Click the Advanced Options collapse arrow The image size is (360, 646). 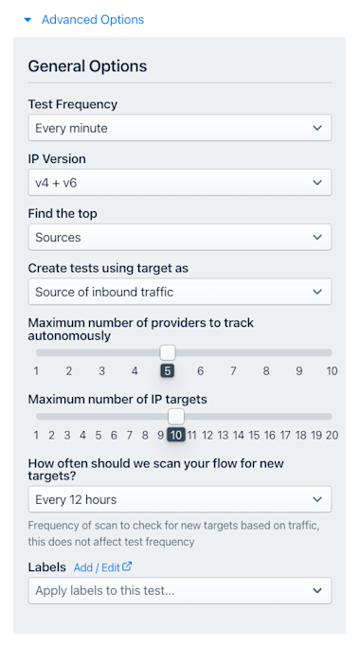pos(27,20)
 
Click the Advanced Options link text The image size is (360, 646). pos(93,20)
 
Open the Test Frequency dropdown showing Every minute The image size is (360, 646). pos(180,128)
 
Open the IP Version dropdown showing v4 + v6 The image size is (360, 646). pos(180,183)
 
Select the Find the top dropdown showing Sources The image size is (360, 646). pos(180,238)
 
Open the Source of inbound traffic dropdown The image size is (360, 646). pos(180,292)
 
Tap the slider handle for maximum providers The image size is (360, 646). pos(168,352)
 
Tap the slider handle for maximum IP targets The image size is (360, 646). pos(176,417)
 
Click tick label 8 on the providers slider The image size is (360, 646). pos(266,371)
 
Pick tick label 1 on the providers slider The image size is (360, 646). pos(36,371)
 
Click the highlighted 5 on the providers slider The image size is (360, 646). pos(168,371)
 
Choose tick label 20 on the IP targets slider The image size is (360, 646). pos(332,435)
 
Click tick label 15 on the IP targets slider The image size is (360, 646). pos(254,435)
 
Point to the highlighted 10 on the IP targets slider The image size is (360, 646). pos(176,435)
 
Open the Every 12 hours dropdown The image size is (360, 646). pos(180,499)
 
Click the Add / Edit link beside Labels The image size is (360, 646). pos(97,567)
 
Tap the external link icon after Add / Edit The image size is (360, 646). pos(127,566)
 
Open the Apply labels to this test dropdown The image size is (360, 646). pos(180,591)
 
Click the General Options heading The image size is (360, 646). pos(87,66)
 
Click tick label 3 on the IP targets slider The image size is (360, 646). pos(67,435)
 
